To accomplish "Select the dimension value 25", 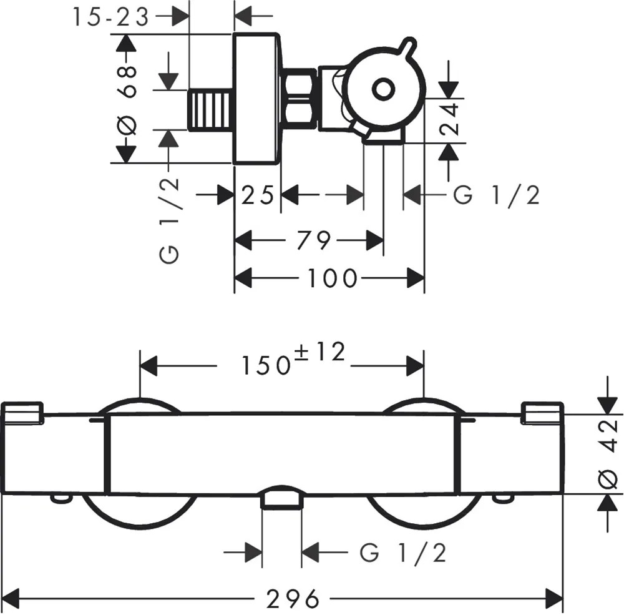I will point(258,195).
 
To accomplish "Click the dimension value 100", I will point(332,278).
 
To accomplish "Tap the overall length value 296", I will point(293,599).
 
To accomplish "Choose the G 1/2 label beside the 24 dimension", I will point(496,195).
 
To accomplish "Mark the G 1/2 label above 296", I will point(403,552).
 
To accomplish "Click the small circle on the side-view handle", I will point(383,89).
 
